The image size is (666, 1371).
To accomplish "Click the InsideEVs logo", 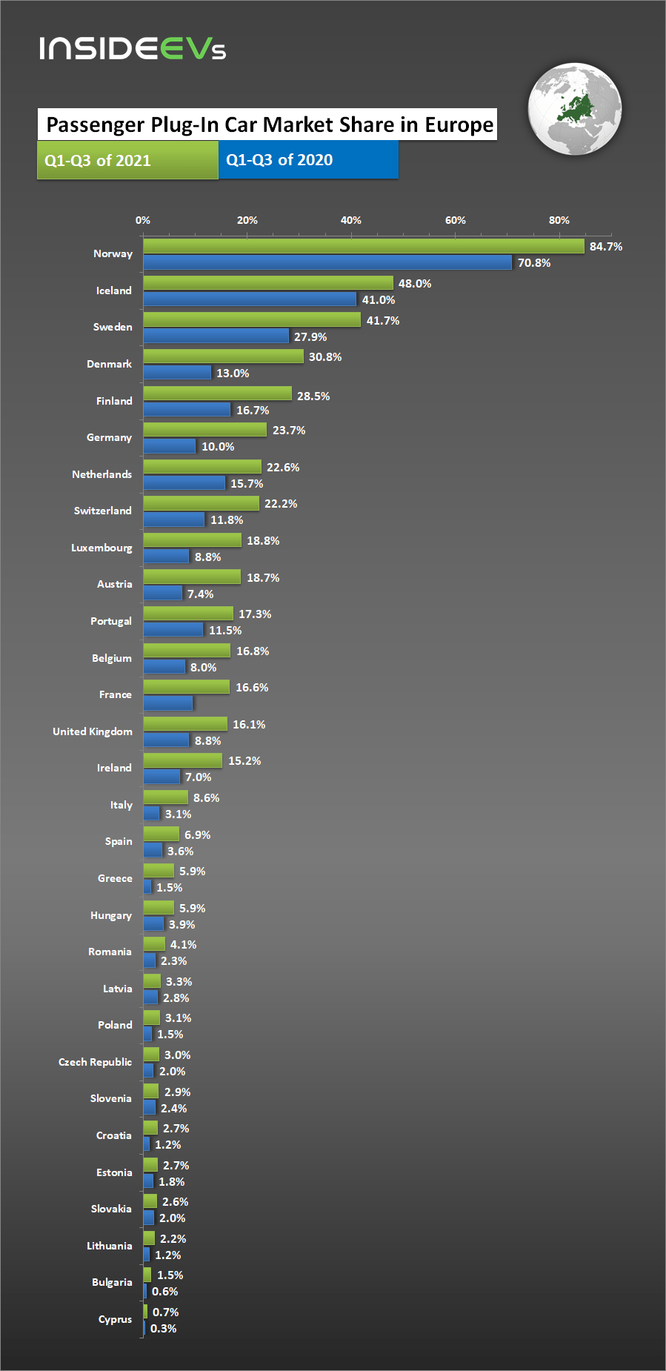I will pos(133,48).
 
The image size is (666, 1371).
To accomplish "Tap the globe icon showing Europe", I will pos(574,109).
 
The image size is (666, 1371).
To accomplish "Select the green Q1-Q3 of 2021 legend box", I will pos(127,160).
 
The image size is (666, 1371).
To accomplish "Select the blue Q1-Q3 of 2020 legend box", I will pos(308,160).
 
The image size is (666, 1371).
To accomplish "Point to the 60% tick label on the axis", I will pos(456,220).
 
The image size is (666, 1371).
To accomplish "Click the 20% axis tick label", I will pos(247,220).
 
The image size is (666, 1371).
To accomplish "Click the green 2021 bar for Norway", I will pos(363,246).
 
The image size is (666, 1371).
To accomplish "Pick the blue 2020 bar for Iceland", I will pos(250,299).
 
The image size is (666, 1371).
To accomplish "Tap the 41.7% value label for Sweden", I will pos(383,320).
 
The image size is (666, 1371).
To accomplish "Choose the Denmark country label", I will pos(109,364).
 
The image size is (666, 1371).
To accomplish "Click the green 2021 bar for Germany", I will pos(204,430).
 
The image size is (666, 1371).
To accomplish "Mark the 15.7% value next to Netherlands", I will pos(247,483).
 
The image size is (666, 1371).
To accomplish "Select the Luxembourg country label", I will pos(101,548).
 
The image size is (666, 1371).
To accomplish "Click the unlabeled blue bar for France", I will pos(168,703).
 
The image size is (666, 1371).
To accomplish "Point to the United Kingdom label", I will pos(93,731).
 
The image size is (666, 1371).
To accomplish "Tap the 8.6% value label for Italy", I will pos(207,797).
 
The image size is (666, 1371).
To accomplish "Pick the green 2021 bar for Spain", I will pos(161,834).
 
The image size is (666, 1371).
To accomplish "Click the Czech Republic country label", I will pos(95,1062).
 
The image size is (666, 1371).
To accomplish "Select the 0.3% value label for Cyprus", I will pos(164,1328).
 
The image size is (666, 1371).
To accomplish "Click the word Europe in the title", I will pos(459,125).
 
